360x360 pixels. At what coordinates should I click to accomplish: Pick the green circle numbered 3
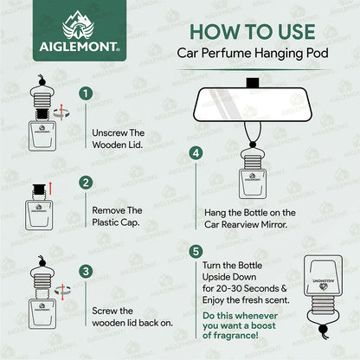pos(85,270)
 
